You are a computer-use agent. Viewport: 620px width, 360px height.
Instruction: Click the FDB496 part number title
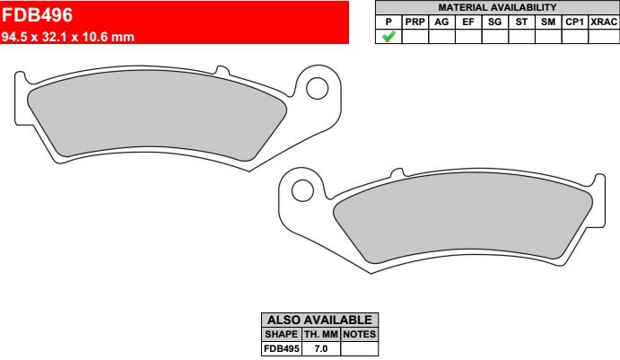[37, 15]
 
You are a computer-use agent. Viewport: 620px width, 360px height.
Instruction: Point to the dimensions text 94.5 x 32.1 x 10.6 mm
[68, 37]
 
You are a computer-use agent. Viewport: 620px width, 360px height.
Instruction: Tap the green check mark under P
[389, 37]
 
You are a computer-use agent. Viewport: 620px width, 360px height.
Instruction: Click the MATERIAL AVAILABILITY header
[497, 7]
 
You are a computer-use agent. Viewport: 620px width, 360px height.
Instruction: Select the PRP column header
[415, 22]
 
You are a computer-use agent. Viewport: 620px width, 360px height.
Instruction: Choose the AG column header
[441, 22]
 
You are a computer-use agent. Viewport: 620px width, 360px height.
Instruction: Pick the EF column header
[468, 22]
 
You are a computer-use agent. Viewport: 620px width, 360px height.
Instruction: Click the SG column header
[494, 22]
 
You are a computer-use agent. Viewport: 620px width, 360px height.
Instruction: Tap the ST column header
[521, 22]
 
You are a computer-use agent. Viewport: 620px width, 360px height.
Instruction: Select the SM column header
[548, 22]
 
